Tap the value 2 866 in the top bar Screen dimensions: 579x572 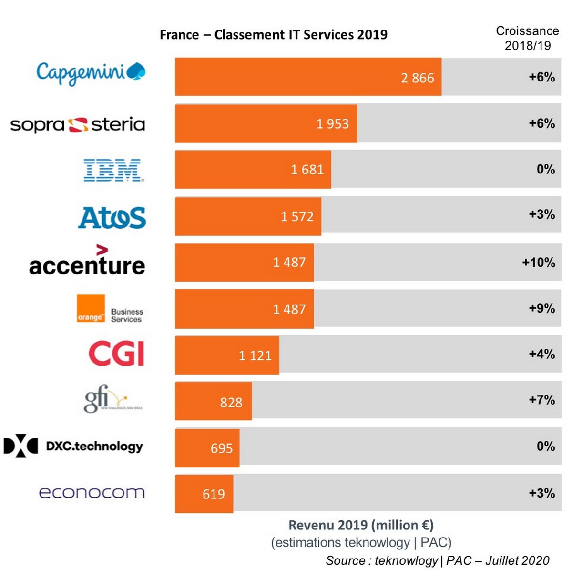pos(417,78)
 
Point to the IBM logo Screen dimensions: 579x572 pos(113,171)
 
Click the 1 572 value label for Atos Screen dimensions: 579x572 pos(297,217)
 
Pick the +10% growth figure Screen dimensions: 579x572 pos(538,263)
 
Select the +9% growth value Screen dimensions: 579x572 pos(541,308)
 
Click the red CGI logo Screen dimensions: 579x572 pos(116,354)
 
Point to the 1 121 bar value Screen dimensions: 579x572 pos(255,356)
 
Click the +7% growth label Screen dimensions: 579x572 pos(541,400)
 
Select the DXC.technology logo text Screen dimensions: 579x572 pos(94,446)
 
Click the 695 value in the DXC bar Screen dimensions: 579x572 pos(222,448)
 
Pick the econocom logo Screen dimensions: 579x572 pos(92,492)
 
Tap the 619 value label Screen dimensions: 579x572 pos(214,494)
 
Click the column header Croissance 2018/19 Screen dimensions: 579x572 pos(527,38)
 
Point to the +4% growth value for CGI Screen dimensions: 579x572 pos(541,354)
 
